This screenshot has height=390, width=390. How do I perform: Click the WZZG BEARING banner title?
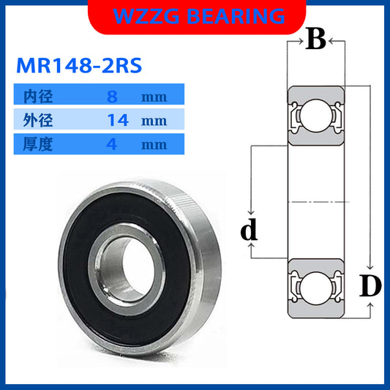point(195,16)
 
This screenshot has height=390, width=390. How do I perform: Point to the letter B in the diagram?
point(315,40)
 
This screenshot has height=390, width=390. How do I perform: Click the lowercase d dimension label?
point(250,231)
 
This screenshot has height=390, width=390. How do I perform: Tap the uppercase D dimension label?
point(371,288)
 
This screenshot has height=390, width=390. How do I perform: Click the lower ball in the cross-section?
point(315,285)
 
